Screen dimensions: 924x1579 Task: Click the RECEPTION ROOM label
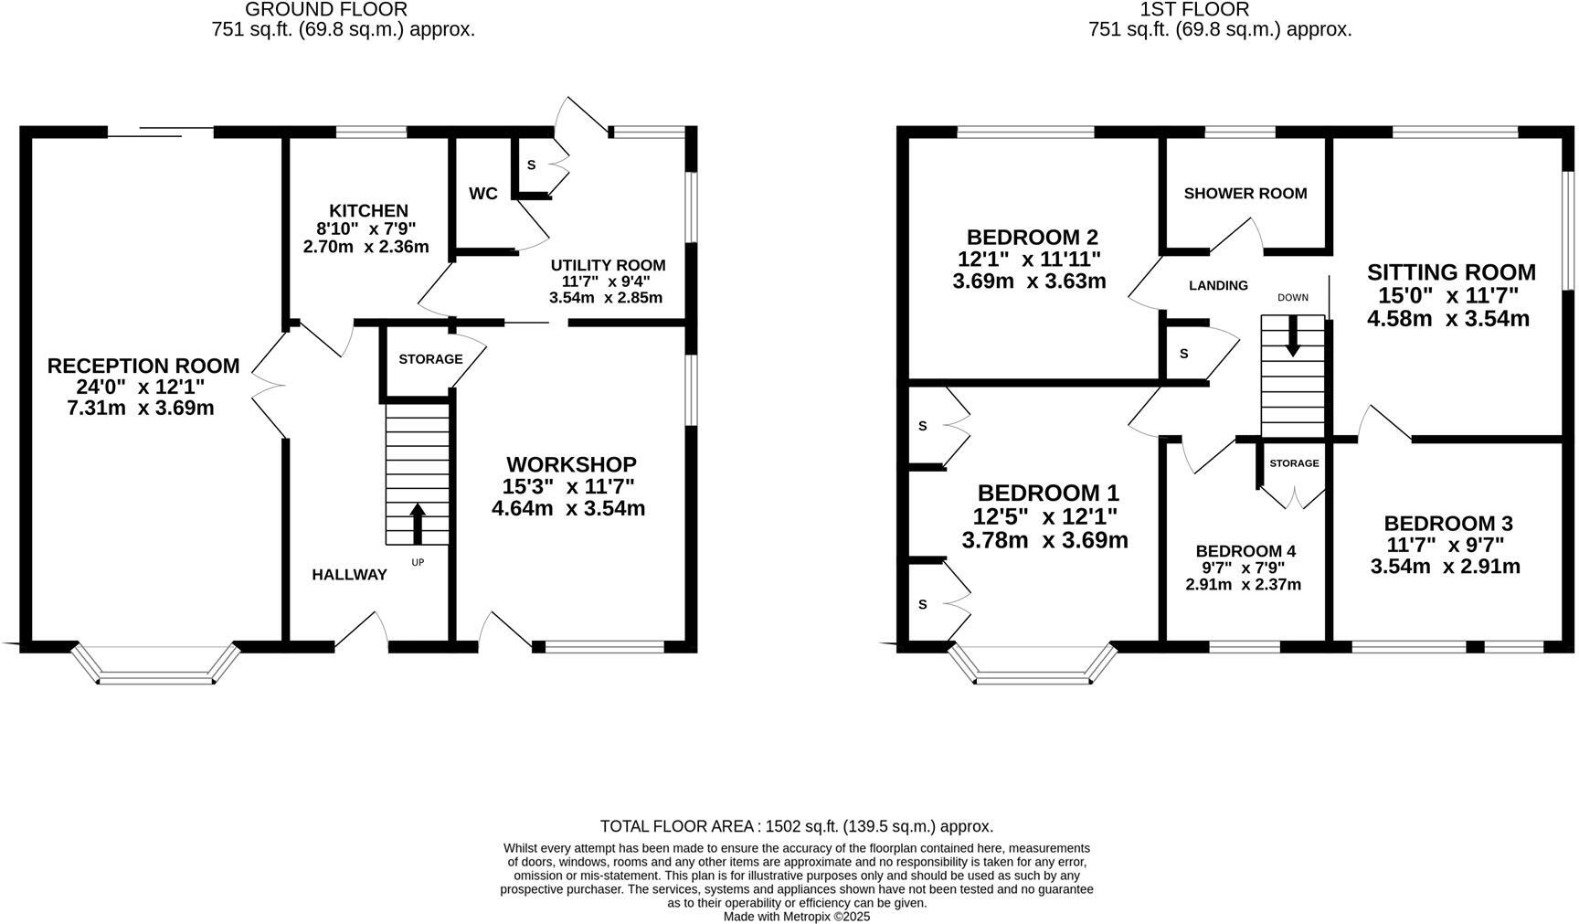[143, 366]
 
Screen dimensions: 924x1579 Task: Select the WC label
[482, 194]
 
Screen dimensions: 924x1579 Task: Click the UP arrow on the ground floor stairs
[419, 524]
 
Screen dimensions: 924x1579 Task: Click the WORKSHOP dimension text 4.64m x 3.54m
[568, 509]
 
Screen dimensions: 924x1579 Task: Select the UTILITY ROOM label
[608, 266]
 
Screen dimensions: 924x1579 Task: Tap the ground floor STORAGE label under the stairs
[430, 359]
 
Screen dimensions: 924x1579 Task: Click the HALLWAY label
[349, 575]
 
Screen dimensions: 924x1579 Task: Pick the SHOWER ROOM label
[1245, 194]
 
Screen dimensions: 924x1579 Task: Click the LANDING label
[1218, 286]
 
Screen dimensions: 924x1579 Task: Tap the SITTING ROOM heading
[1451, 272]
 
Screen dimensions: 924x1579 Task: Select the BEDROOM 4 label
[1245, 551]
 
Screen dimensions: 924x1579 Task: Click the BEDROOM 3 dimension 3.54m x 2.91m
[1445, 567]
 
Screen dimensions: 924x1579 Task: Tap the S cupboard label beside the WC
[531, 165]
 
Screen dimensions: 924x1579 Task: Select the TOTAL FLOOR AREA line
[796, 826]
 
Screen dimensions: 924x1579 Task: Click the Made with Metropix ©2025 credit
[797, 916]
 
